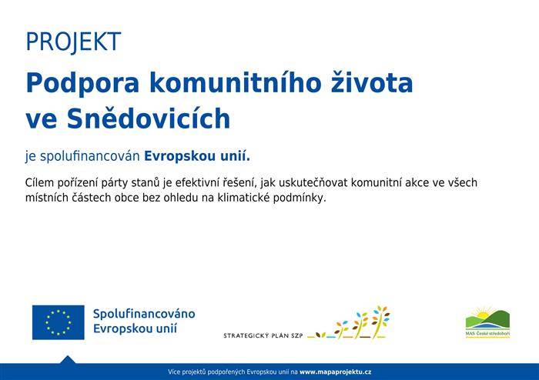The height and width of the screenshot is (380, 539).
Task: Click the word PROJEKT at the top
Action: [x=73, y=42]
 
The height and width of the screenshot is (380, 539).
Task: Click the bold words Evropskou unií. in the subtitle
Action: [x=197, y=156]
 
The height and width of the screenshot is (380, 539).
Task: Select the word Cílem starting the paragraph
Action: [x=41, y=183]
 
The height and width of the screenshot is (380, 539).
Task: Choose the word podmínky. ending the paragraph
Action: [x=303, y=198]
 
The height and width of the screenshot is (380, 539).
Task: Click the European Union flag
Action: [x=58, y=322]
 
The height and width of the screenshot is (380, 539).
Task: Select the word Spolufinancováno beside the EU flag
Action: [x=143, y=315]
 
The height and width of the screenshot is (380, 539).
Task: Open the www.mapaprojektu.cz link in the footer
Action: [x=335, y=372]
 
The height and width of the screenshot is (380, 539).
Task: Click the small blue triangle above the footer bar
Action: [x=67, y=359]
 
